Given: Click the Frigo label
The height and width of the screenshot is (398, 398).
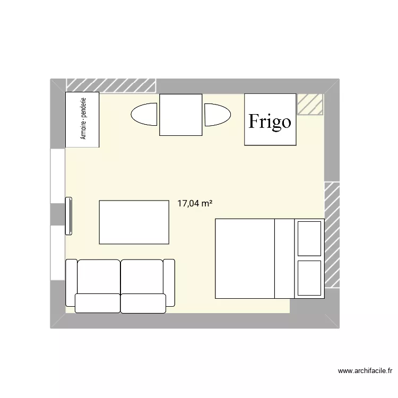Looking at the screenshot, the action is (270, 122).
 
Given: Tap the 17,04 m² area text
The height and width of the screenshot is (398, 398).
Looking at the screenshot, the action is (195, 204).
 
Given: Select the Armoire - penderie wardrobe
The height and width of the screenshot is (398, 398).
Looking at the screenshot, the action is (82, 119).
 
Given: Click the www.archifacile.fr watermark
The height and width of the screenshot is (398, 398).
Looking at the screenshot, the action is (365, 371).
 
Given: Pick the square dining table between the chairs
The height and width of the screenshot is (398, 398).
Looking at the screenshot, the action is (181, 115).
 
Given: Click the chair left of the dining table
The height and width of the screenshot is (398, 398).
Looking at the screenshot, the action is (144, 114).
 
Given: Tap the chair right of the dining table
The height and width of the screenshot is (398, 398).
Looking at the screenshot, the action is (218, 115).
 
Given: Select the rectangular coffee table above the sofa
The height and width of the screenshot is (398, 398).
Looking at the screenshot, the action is (134, 222).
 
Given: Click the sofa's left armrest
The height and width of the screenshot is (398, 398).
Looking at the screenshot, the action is (71, 283).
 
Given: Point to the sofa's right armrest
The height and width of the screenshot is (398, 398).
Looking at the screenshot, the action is (169, 282).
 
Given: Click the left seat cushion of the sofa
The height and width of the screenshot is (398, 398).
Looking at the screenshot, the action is (98, 303).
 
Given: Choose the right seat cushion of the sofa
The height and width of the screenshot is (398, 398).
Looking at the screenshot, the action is (143, 304).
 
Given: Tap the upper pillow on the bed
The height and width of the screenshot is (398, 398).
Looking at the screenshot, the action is (309, 239).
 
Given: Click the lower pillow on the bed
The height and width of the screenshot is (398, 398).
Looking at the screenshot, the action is (309, 278).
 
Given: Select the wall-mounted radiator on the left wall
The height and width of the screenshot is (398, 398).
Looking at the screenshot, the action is (69, 216).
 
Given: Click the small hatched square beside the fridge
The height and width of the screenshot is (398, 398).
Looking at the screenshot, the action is (310, 105).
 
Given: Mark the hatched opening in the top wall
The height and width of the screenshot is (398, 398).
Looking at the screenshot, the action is (111, 85).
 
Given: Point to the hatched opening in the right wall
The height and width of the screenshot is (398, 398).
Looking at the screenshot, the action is (332, 235).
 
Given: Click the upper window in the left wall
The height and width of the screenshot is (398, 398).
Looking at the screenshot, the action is (58, 176).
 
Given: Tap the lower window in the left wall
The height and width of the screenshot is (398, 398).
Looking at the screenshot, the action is (58, 253).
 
